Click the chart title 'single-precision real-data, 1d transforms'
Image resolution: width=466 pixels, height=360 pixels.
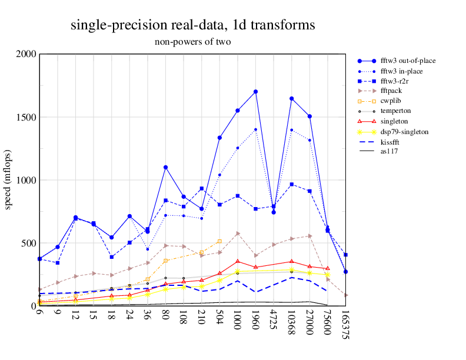point(192,25)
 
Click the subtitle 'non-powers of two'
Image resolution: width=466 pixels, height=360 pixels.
point(192,42)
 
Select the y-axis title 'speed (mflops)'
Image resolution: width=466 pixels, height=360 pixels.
point(8,180)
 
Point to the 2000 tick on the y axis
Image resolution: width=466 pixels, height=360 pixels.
point(26,54)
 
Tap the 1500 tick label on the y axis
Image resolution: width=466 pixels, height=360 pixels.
point(26,117)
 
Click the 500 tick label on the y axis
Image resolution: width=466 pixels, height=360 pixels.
point(29,243)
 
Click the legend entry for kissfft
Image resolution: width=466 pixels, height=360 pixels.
point(391,141)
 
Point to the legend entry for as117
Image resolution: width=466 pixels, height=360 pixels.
point(389,151)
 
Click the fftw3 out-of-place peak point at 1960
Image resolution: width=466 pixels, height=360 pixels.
point(255,92)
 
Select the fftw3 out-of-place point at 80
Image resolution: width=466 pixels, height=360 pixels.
point(166,168)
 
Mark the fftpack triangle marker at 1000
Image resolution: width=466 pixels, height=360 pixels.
point(238,234)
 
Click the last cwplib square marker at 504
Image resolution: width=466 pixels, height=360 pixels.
point(219,241)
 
